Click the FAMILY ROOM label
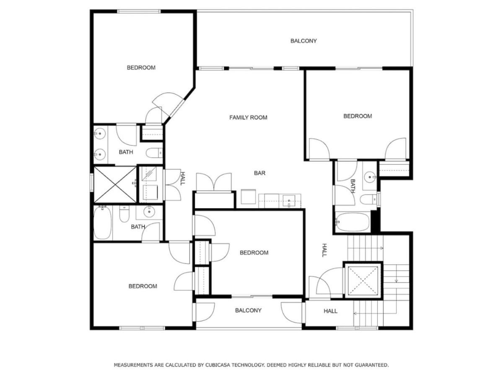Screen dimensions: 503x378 (x=248, y=118)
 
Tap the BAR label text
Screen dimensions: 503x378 (x=259, y=173)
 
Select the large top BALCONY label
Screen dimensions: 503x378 (x=303, y=41)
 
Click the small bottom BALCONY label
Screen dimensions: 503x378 (x=248, y=310)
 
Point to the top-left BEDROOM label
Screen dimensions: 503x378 (x=141, y=68)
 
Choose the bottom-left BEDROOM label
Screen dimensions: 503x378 (x=143, y=286)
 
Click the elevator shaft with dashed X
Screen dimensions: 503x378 (x=363, y=281)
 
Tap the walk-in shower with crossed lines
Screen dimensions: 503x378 (x=115, y=185)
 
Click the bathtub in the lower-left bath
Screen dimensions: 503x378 (x=102, y=223)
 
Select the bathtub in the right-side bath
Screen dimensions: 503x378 (x=353, y=222)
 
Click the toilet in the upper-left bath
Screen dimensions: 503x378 (x=154, y=153)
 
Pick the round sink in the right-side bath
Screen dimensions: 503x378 (x=370, y=177)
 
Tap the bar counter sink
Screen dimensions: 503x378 (x=289, y=201)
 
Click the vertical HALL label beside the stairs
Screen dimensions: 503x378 (x=324, y=250)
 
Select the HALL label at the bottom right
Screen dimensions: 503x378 (x=330, y=311)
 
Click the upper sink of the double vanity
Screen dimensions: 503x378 (x=99, y=134)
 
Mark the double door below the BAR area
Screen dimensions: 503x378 (x=214, y=182)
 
